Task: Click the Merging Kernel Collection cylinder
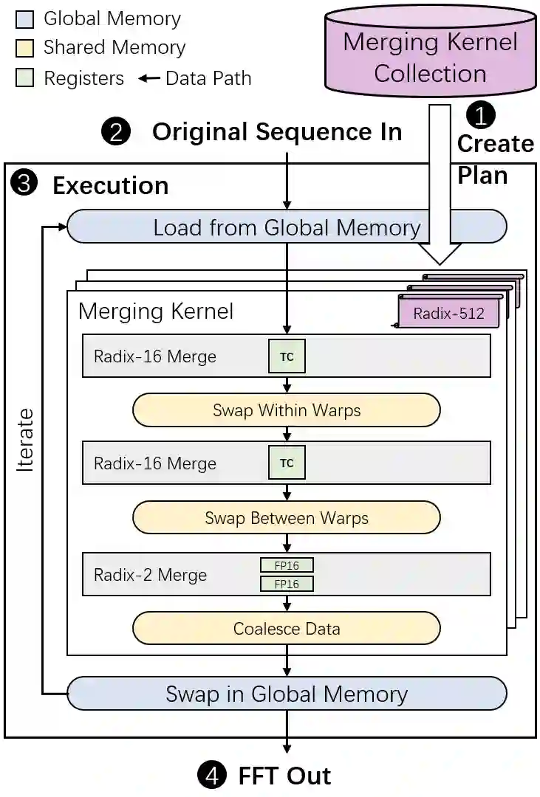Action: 431,51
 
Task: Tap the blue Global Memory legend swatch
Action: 25,19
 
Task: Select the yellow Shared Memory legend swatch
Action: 25,48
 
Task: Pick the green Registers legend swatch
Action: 25,77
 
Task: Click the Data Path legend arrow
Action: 149,78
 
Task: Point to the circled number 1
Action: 480,115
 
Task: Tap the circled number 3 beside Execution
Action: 24,183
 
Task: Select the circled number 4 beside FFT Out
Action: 212,776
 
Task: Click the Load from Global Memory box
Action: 287,227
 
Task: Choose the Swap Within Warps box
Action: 287,410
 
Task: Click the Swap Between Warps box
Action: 287,517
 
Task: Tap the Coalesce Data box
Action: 287,628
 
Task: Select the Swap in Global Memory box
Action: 287,693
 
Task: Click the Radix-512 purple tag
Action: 448,313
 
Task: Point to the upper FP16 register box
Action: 287,565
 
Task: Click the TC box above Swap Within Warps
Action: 287,356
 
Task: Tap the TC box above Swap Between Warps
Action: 287,463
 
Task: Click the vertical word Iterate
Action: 24,440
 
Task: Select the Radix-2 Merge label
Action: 150,574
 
